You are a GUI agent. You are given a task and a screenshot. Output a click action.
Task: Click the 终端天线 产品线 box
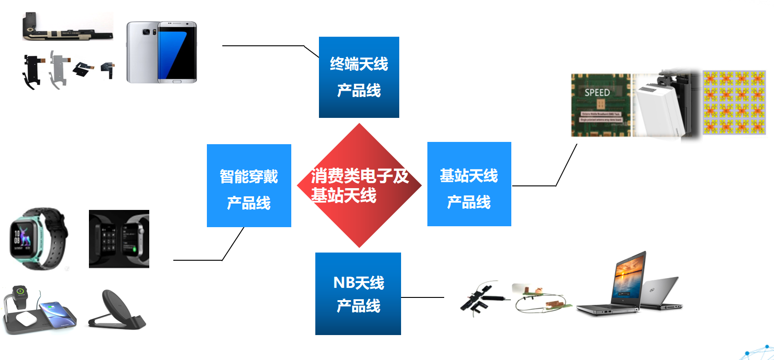pos(359,77)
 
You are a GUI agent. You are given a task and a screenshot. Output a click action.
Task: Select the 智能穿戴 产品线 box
pos(249,185)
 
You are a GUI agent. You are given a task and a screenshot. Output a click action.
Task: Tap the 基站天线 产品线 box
pos(469,184)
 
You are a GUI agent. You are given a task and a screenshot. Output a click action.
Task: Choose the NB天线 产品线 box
pos(358,294)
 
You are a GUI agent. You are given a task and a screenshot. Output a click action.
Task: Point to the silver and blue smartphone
pos(162,52)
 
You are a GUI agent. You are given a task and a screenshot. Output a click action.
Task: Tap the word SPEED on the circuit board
pos(597,93)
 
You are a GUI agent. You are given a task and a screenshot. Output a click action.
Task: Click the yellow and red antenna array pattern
pos(734,102)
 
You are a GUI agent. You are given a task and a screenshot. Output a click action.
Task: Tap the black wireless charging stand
pos(117,310)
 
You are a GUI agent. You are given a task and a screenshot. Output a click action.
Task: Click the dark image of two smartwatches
pos(119,239)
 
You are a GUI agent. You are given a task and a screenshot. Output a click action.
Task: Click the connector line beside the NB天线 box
pos(422,297)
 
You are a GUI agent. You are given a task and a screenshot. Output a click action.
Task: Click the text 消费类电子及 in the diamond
pos(360,176)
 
